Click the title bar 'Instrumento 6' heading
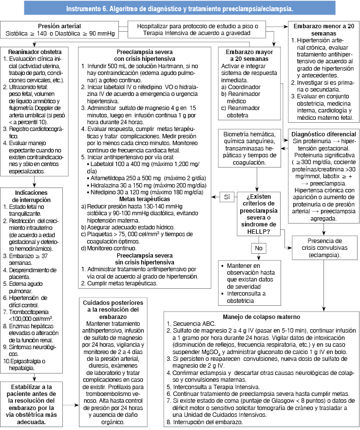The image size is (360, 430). (x=180, y=8)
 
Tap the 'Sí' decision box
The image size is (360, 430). (x=226, y=198)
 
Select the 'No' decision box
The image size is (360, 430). (x=258, y=248)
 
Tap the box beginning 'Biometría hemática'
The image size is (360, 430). (x=249, y=148)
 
